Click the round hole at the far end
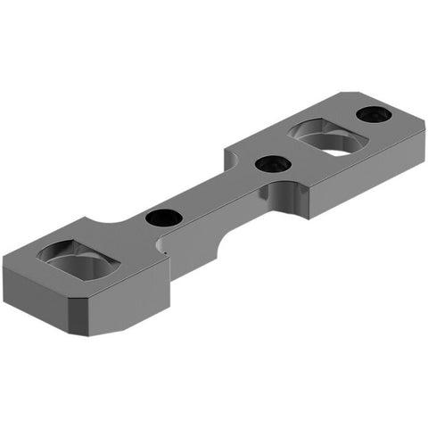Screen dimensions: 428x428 point(371,114)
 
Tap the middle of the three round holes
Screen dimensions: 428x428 point(269,164)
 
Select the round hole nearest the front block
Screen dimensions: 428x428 point(162,217)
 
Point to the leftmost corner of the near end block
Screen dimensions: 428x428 point(4,259)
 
